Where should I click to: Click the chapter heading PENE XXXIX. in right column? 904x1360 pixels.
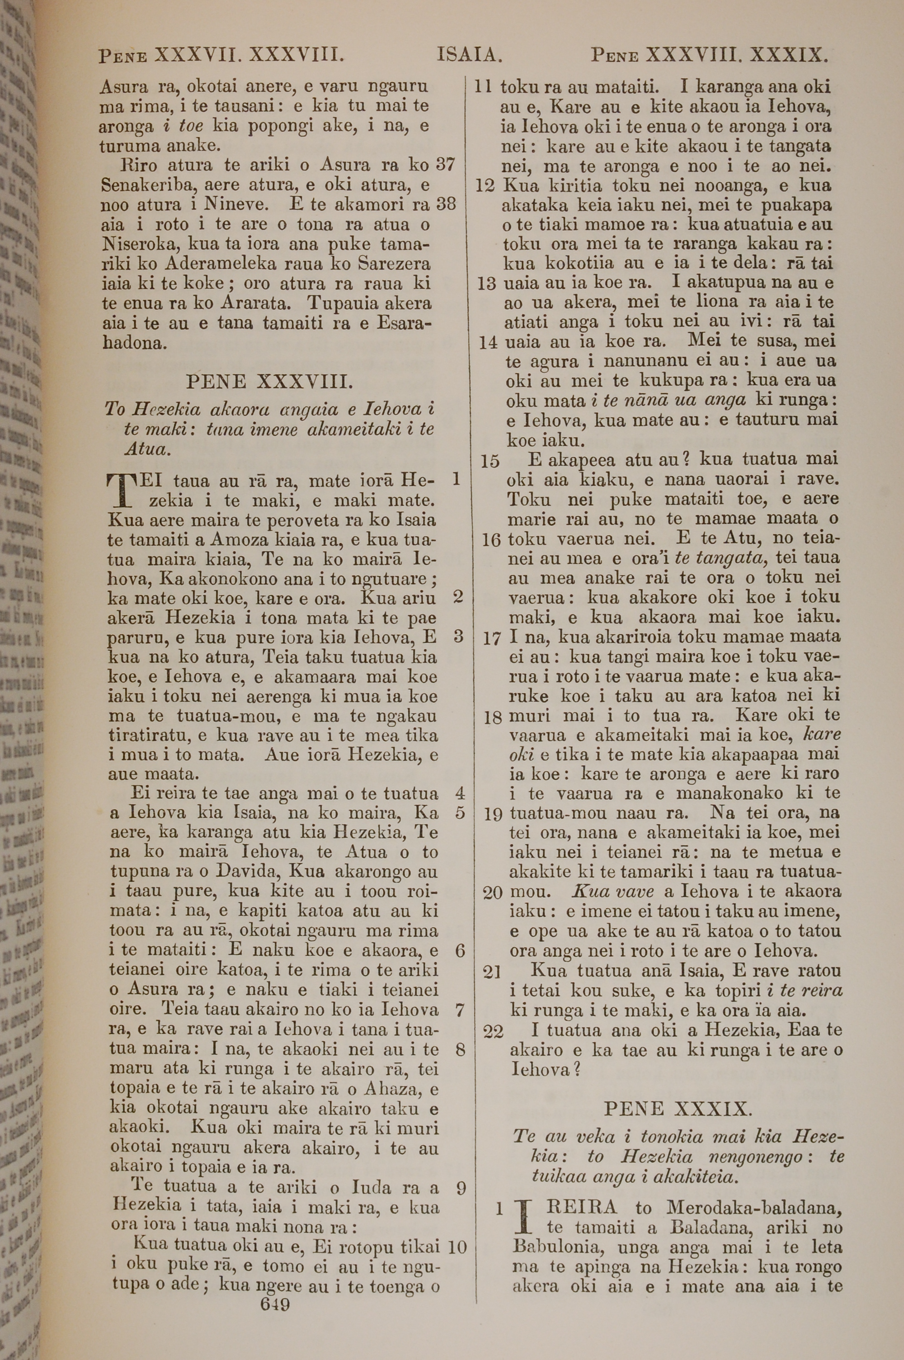(678, 1108)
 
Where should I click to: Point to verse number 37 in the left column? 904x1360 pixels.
(445, 165)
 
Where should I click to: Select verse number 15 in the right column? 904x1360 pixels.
(490, 461)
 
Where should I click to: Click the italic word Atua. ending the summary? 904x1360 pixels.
(148, 449)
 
